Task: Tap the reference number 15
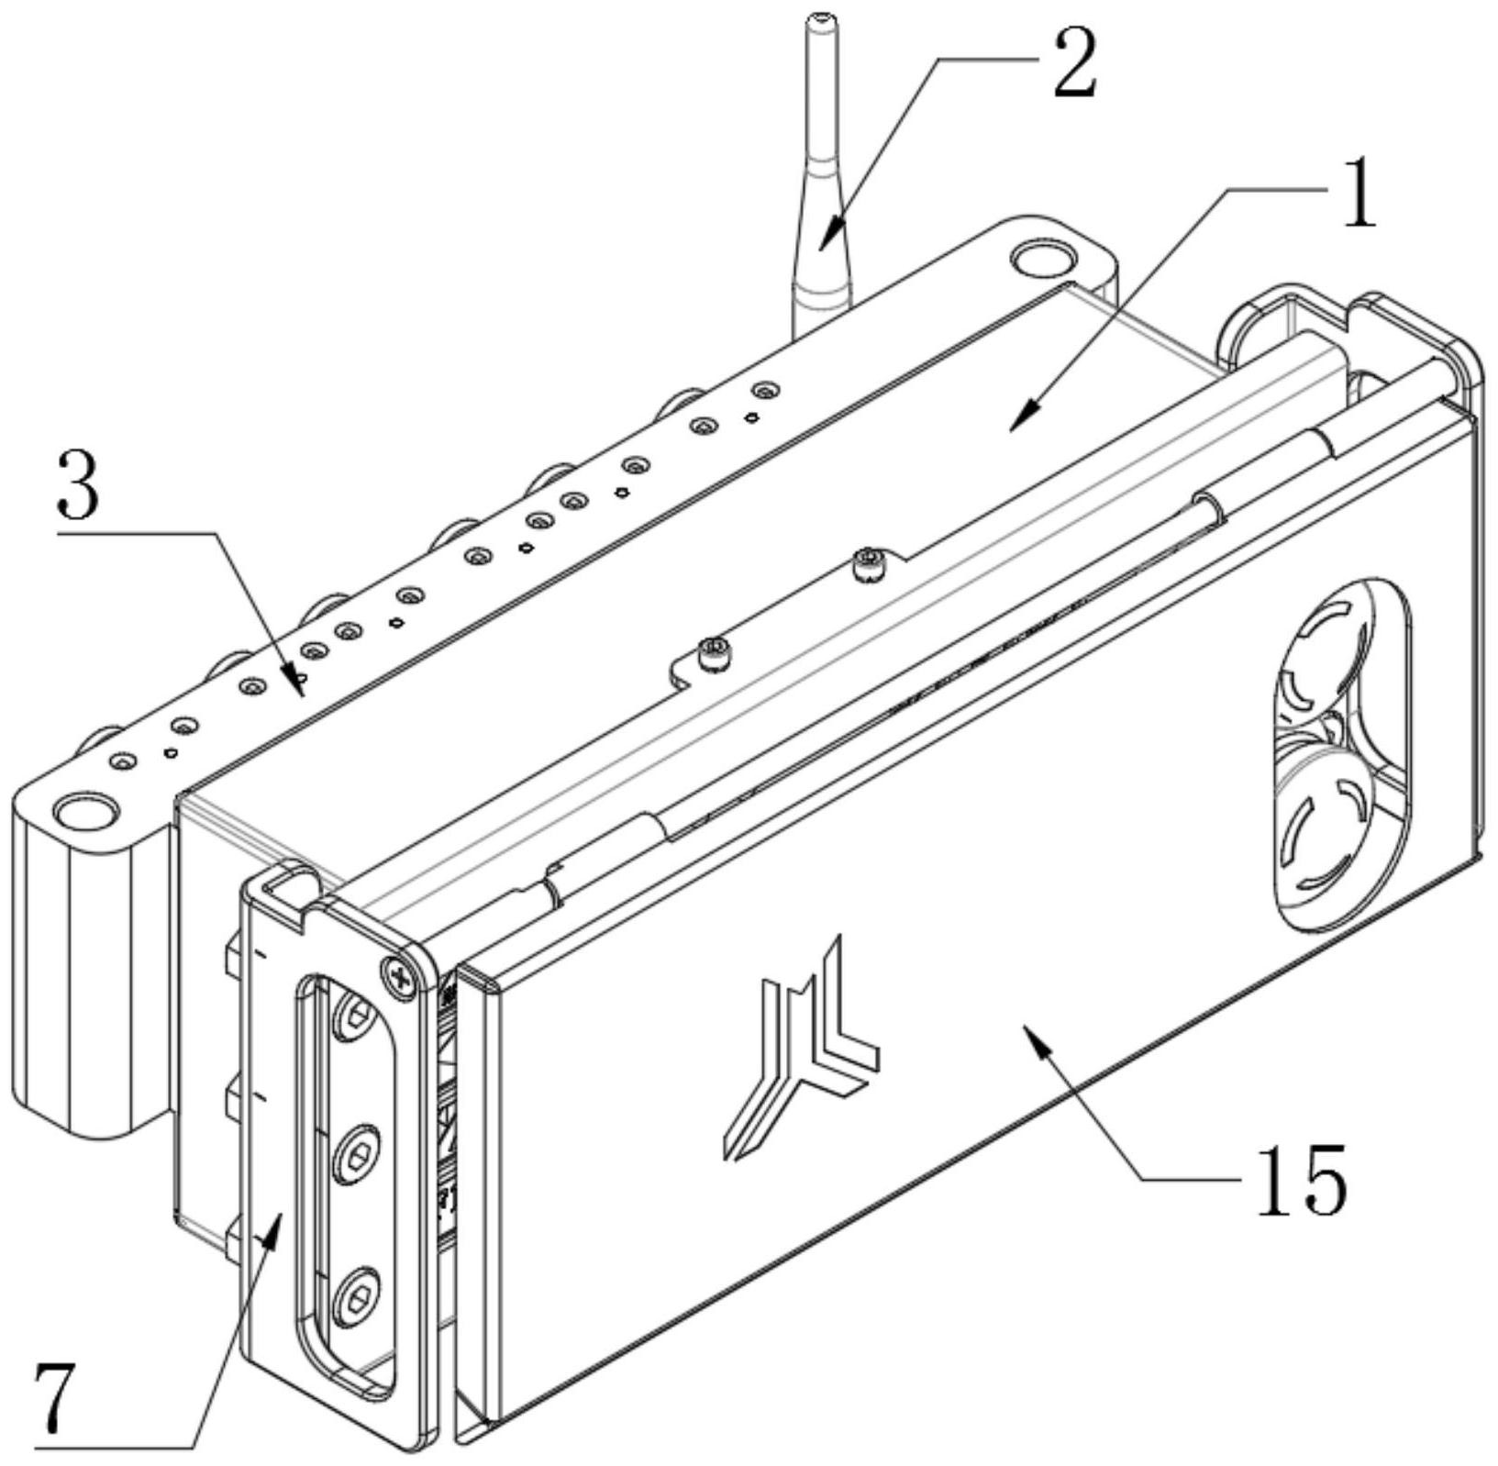click(1302, 1180)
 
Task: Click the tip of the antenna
click(816, 18)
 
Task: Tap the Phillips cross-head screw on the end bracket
click(399, 974)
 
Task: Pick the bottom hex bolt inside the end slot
click(355, 1298)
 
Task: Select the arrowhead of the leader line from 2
click(823, 245)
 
